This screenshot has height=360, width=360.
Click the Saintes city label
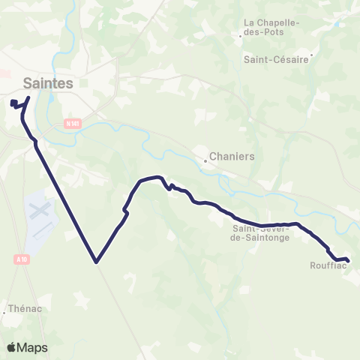pos(48,83)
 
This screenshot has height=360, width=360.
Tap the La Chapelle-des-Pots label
pos(272,28)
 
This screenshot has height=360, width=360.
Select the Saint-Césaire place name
pos(276,59)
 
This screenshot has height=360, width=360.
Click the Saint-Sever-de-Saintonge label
pos(262,233)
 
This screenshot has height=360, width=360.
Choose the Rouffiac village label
pos(326,265)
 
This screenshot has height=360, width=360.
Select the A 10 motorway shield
pos(22,259)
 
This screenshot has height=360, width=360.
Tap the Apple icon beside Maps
pos(10,347)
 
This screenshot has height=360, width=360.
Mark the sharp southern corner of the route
pos(96,262)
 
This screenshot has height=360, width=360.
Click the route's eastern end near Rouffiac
pos(349,261)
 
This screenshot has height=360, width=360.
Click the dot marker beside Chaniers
pos(205,160)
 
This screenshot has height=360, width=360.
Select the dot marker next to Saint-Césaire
pos(312,54)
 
